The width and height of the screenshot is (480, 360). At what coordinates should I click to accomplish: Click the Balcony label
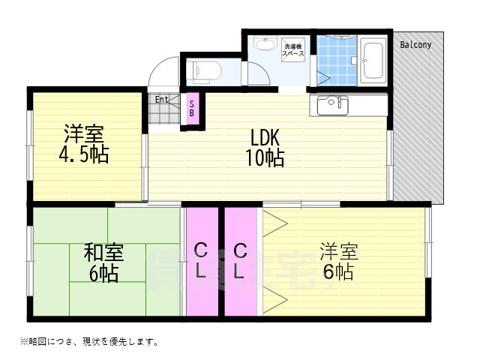[415, 45]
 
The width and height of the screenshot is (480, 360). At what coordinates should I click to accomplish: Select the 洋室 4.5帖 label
[83, 145]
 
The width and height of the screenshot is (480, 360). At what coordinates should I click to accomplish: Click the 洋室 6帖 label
[337, 260]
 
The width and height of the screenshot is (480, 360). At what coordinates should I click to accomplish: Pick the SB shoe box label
[192, 108]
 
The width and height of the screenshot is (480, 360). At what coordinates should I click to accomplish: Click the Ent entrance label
[162, 98]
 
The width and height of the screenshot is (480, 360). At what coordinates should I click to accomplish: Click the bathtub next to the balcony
[373, 59]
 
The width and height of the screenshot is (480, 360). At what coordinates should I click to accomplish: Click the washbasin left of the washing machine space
[264, 43]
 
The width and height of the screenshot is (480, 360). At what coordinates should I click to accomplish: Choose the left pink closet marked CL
[201, 260]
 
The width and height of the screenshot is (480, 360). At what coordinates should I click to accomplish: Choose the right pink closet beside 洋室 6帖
[240, 260]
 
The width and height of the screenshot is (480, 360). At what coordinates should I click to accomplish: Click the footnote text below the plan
[84, 341]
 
